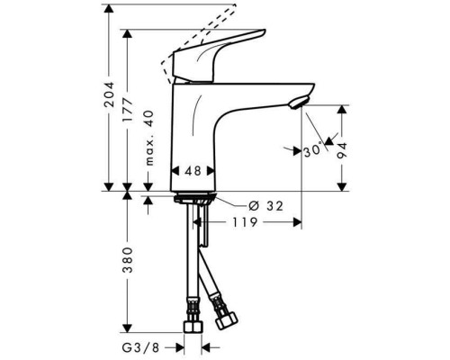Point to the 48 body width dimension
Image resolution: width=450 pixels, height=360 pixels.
193,169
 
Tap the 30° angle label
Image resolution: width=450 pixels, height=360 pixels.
313,151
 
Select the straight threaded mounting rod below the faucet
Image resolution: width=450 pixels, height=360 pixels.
205,229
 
